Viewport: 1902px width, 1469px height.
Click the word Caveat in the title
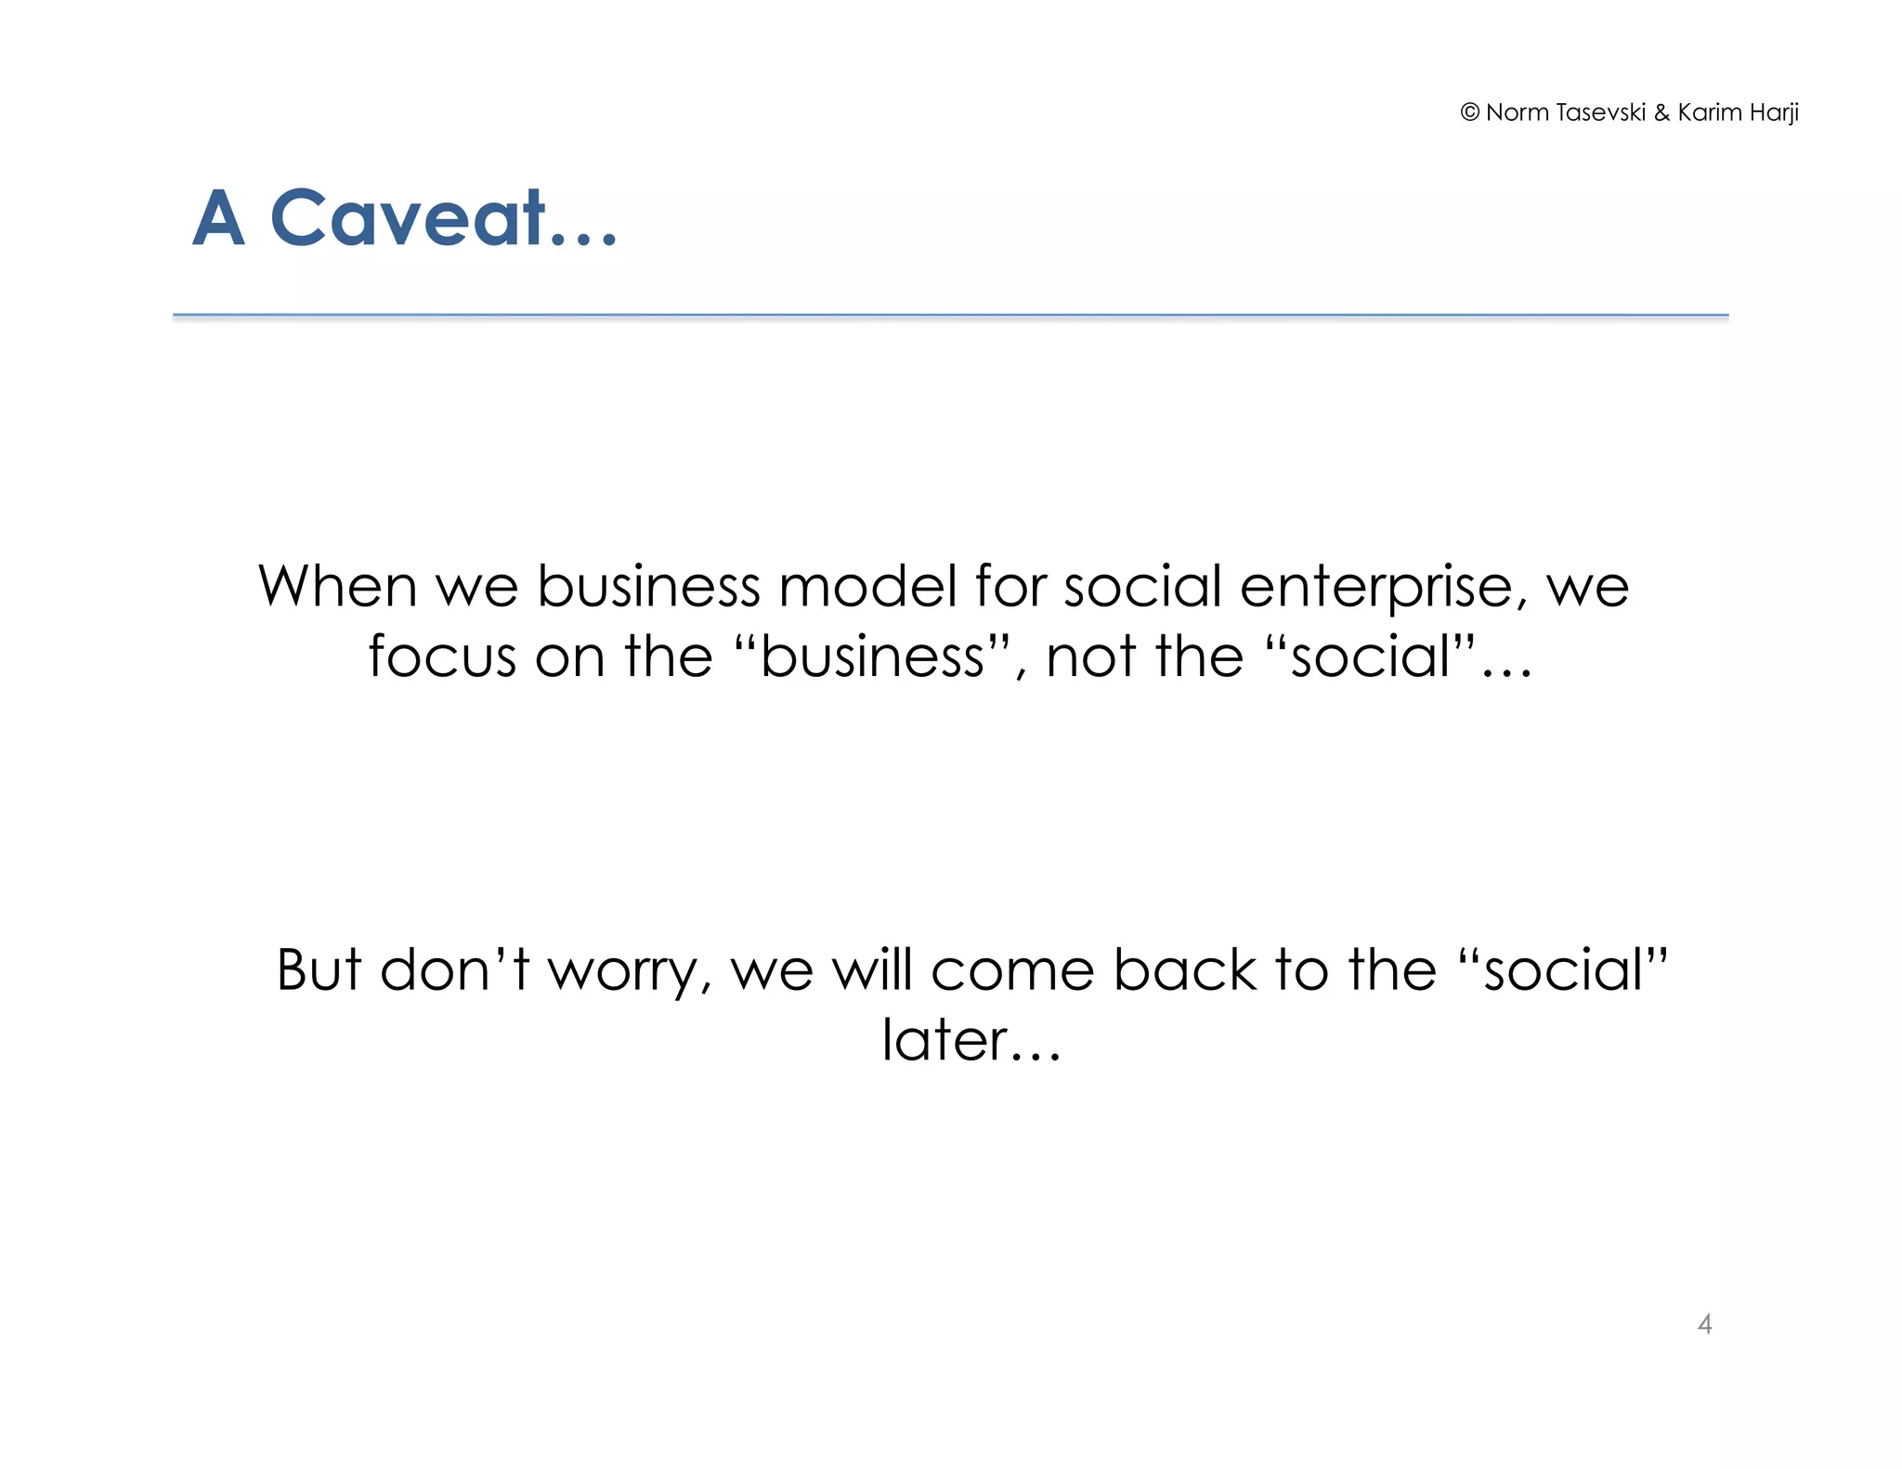[408, 218]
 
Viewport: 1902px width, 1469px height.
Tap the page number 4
[1704, 1323]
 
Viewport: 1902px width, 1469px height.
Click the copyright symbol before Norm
[1469, 112]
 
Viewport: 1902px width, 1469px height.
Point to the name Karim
[1708, 112]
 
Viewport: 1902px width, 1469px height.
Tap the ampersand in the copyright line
[1661, 112]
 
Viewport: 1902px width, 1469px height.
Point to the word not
[1090, 656]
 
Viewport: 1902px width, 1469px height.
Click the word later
[945, 1040]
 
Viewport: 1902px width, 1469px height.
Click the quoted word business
[871, 656]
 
